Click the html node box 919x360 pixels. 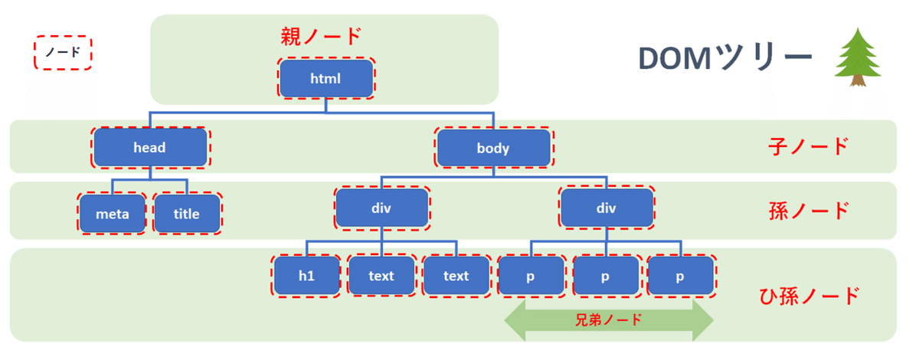(326, 78)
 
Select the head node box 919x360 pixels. (150, 148)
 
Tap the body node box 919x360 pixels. (493, 148)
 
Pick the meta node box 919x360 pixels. (112, 214)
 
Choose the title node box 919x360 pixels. (187, 214)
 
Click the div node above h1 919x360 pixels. (381, 208)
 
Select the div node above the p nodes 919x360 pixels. (607, 208)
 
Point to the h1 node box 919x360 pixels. (306, 276)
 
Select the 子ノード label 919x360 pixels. (809, 146)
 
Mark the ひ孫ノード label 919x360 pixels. (809, 294)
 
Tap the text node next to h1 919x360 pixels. (381, 276)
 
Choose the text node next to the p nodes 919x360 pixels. (456, 276)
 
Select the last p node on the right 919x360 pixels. (680, 276)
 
